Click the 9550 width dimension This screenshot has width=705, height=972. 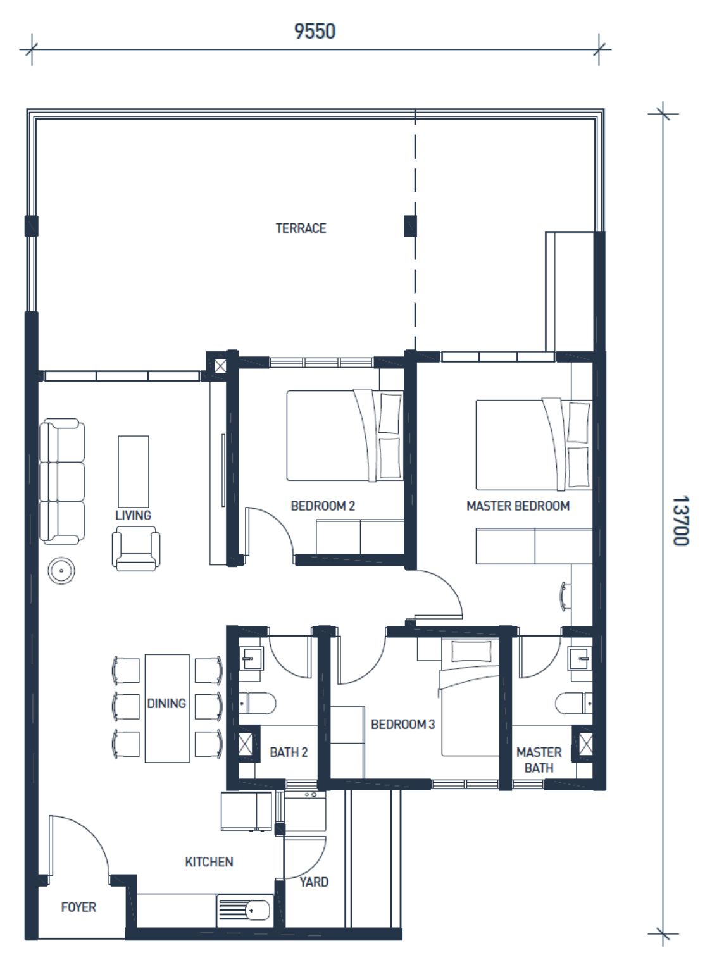click(315, 31)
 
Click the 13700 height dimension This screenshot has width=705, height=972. click(680, 521)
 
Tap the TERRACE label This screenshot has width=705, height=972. click(301, 228)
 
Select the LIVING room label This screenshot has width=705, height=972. click(133, 515)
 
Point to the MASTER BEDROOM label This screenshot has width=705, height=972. click(518, 506)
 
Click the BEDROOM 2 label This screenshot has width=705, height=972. click(323, 506)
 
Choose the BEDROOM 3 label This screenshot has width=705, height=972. click(402, 724)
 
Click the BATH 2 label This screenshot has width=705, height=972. click(289, 752)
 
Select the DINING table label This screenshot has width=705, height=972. click(166, 703)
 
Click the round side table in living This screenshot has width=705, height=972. click(61, 571)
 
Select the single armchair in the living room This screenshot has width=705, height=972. click(136, 549)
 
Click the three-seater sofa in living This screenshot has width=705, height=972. click(62, 482)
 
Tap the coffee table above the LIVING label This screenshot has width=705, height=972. click(133, 471)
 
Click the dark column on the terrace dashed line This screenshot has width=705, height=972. click(410, 226)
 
